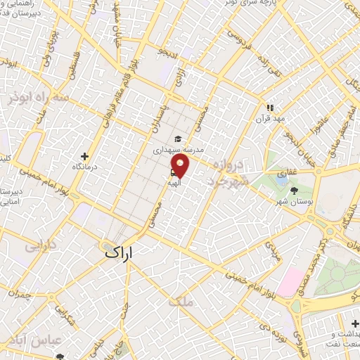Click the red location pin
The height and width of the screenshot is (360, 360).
[181, 166]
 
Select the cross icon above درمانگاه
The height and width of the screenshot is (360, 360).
[85, 156]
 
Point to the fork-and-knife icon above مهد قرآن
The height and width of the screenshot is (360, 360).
[268, 108]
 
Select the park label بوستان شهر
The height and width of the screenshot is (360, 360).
[293, 201]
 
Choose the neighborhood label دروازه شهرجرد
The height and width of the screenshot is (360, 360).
[226, 173]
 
